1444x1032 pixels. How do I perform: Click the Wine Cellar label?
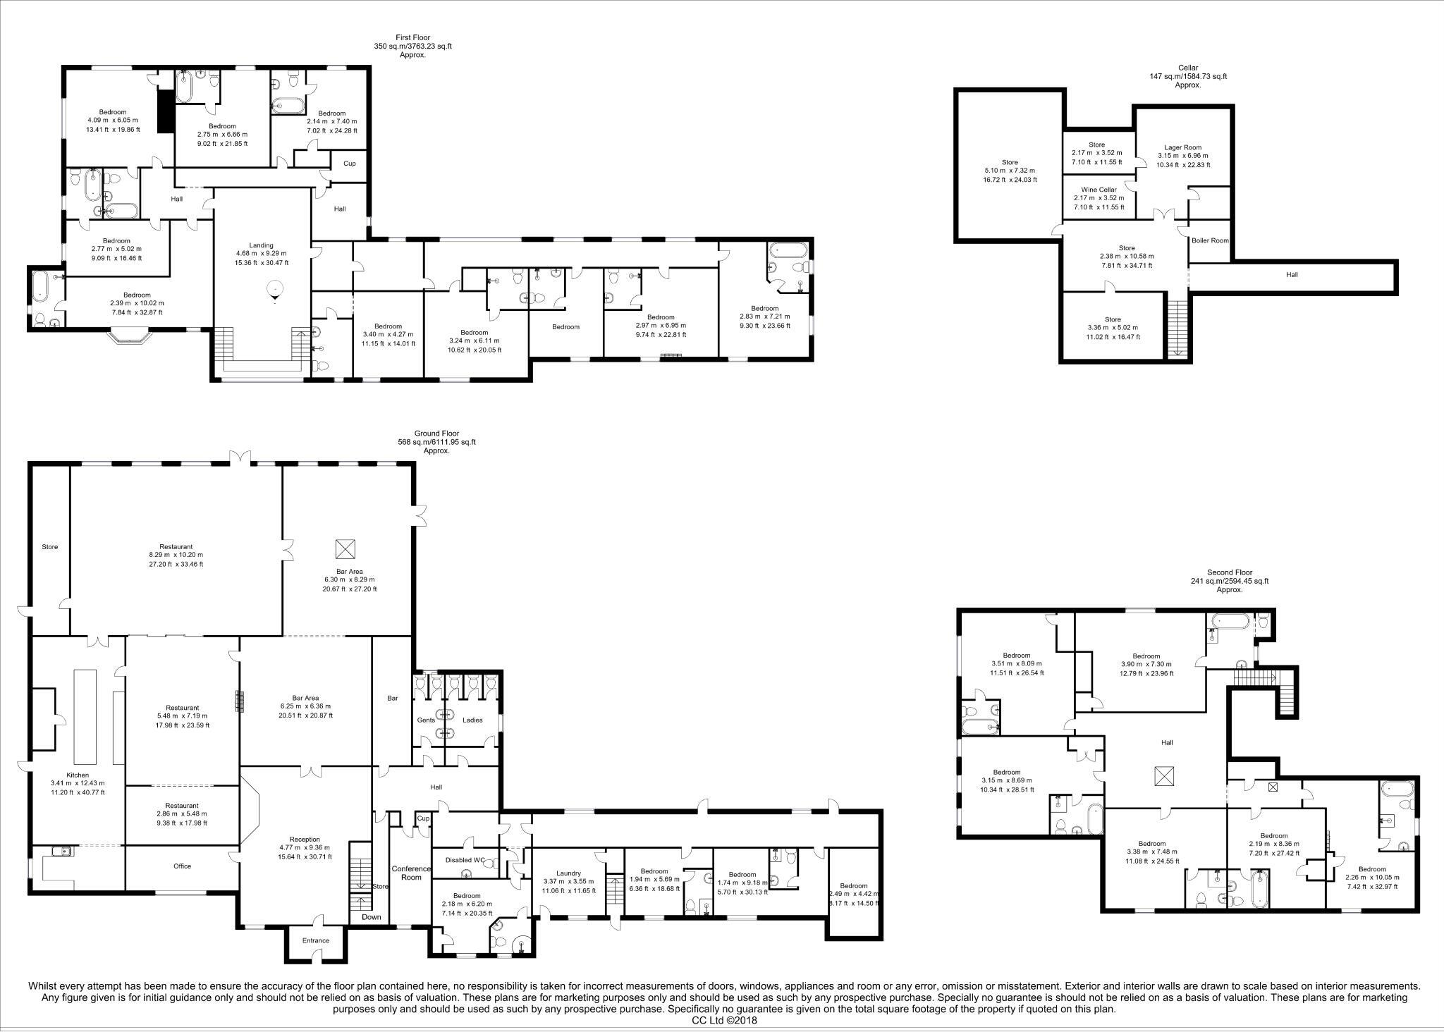click(x=1099, y=190)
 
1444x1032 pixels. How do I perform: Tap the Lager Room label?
click(x=1182, y=147)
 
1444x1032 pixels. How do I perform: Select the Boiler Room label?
click(x=1210, y=240)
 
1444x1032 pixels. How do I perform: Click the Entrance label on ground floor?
click(x=315, y=940)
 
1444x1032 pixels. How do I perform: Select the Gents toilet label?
click(x=426, y=720)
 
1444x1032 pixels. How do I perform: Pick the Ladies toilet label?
click(x=472, y=720)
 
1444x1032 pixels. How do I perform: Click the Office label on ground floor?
click(x=182, y=866)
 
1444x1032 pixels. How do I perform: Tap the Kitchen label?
click(x=78, y=775)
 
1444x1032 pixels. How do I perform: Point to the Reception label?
click(x=305, y=840)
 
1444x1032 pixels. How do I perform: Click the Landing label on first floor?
click(x=261, y=245)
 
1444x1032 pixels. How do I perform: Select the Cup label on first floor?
click(x=349, y=164)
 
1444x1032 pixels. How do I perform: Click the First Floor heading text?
click(x=412, y=37)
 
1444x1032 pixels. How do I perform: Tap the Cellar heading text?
click(x=1187, y=68)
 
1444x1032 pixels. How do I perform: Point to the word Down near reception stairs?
click(x=371, y=917)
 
